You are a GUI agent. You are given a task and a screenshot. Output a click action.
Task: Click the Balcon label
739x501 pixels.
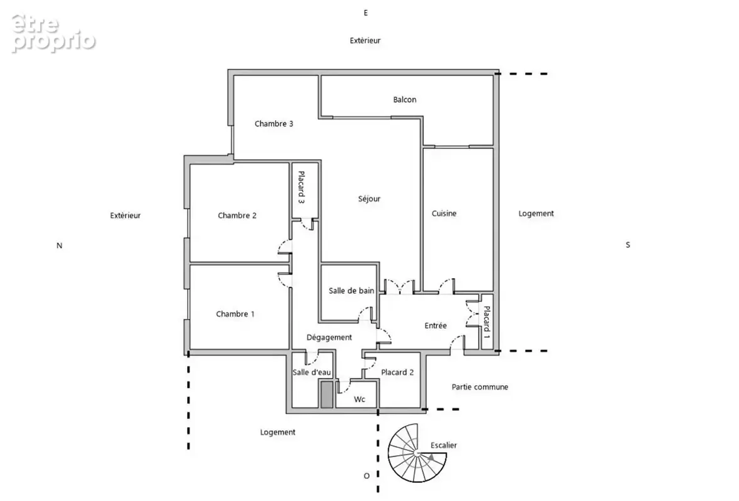click(404, 100)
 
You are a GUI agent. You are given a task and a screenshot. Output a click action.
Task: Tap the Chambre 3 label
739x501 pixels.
click(274, 123)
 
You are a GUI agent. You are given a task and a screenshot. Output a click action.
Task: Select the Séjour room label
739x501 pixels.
click(369, 199)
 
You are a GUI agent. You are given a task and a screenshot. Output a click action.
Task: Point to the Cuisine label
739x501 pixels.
click(444, 213)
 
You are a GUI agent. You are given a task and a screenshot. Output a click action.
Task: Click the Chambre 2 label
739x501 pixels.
click(237, 215)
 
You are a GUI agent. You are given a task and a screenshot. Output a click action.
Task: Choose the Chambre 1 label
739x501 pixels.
click(235, 314)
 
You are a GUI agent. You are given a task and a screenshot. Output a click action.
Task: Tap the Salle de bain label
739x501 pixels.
click(351, 291)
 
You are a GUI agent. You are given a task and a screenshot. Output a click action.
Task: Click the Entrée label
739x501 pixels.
click(436, 326)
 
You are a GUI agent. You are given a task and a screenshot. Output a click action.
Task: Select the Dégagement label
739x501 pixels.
click(329, 338)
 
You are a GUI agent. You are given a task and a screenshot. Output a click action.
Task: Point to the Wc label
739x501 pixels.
click(360, 400)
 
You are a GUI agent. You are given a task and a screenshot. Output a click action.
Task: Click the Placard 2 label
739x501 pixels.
click(397, 372)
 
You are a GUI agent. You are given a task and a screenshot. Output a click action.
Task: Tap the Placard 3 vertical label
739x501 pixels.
click(302, 187)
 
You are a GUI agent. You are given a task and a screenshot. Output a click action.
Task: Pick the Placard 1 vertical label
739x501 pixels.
click(487, 323)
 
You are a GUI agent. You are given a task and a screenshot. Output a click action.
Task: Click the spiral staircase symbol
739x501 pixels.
click(417, 453)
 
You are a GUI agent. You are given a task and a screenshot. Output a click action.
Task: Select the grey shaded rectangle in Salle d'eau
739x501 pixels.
click(326, 395)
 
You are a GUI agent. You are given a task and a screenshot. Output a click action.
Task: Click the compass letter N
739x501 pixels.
click(59, 245)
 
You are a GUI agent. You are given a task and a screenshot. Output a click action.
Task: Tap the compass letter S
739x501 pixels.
click(628, 245)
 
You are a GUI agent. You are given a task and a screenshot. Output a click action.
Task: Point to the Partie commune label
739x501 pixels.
click(480, 387)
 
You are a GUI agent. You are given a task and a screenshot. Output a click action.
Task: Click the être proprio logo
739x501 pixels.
click(53, 33)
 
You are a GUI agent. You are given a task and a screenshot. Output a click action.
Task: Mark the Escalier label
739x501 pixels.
click(444, 445)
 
